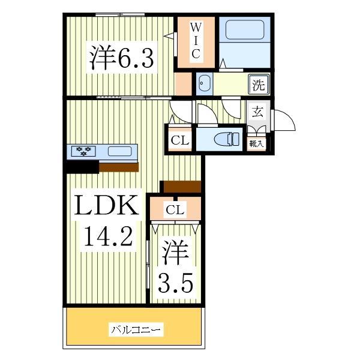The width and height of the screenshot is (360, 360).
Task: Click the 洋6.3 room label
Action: pyautogui.click(x=122, y=58)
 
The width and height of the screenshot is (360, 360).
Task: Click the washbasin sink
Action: pyautogui.click(x=203, y=84)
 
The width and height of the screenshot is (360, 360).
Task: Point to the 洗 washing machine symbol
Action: pyautogui.click(x=258, y=85)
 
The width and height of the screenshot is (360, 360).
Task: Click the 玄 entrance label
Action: pyautogui.click(x=257, y=112)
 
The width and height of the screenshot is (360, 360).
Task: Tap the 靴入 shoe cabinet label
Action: pyautogui.click(x=256, y=144)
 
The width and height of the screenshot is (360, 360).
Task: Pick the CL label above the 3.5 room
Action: pyautogui.click(x=175, y=209)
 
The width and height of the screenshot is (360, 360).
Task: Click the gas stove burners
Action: pyautogui.click(x=83, y=151)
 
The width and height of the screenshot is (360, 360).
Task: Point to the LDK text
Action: pyautogui.click(x=106, y=207)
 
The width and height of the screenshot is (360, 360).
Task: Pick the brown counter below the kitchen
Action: pyautogui.click(x=119, y=167)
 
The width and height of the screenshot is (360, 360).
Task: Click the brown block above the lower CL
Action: pyautogui.click(x=181, y=187)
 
